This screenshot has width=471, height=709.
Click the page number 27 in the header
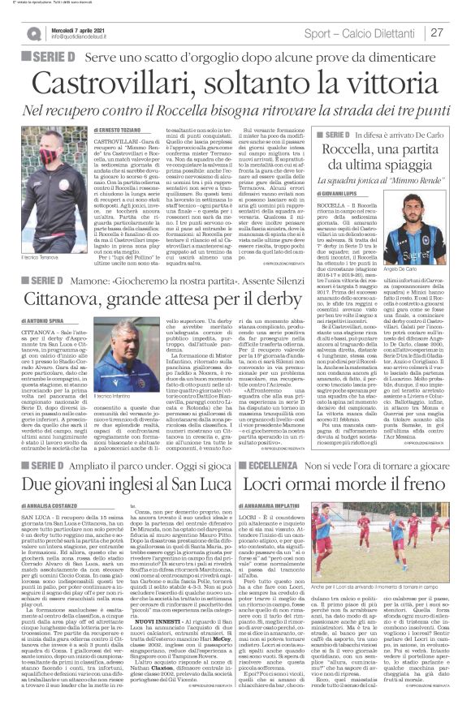click(x=436, y=32)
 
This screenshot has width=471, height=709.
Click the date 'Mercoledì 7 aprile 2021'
click(x=78, y=29)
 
